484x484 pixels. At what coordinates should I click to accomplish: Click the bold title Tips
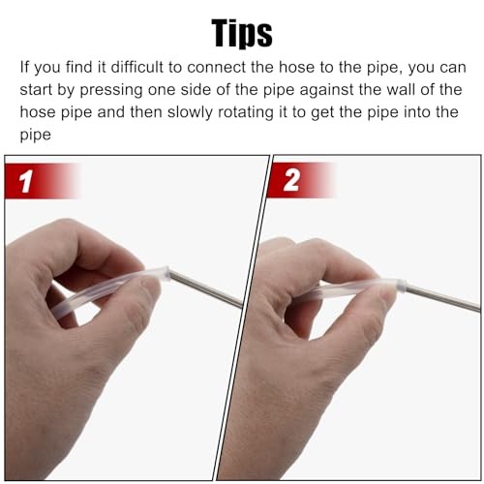(x=242, y=34)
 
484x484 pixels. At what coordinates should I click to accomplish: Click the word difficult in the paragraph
(x=137, y=67)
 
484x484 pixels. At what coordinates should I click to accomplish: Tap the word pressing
(x=111, y=90)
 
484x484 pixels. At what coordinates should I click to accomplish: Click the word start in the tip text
(x=36, y=90)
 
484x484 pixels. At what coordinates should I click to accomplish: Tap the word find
(x=78, y=67)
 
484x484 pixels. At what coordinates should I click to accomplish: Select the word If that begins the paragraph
(x=24, y=67)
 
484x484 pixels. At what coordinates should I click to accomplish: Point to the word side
(x=196, y=89)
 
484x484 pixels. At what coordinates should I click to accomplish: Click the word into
(x=417, y=112)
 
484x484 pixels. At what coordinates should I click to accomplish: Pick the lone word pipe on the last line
(x=36, y=136)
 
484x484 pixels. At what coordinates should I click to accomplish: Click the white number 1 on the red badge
(x=26, y=181)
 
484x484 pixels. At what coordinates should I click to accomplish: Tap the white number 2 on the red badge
(x=291, y=180)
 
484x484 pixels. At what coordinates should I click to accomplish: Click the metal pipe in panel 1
(x=206, y=289)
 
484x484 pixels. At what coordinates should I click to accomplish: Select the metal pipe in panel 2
(x=442, y=297)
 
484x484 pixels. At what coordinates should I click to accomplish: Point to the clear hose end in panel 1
(x=164, y=274)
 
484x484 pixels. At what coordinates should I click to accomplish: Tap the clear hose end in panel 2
(x=400, y=286)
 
